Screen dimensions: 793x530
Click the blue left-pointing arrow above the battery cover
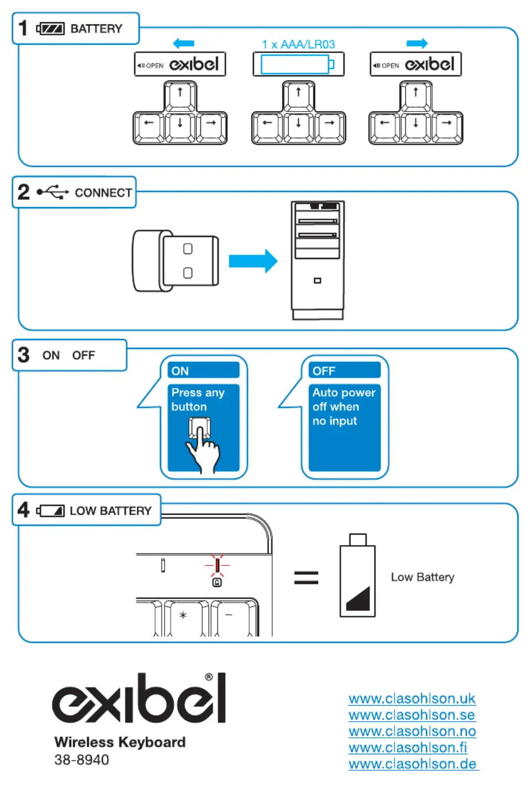(183, 43)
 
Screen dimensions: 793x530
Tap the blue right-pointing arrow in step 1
(417, 43)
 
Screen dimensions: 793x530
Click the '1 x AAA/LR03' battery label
(298, 44)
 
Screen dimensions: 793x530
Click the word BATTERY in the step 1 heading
(96, 29)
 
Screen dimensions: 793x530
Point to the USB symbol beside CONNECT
(52, 192)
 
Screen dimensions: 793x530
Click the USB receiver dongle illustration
(176, 261)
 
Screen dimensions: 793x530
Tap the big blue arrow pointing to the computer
(253, 261)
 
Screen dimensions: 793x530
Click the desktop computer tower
(317, 260)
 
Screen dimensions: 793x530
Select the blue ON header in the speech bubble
(203, 371)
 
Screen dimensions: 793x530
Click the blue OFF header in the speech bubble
(344, 371)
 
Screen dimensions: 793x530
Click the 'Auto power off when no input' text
(343, 407)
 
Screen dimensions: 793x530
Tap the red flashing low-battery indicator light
(217, 565)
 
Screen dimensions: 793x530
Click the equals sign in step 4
(306, 578)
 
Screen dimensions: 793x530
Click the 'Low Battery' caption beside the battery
(422, 577)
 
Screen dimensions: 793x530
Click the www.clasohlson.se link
(412, 715)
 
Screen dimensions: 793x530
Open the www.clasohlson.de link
(413, 764)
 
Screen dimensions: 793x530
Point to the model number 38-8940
(82, 760)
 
